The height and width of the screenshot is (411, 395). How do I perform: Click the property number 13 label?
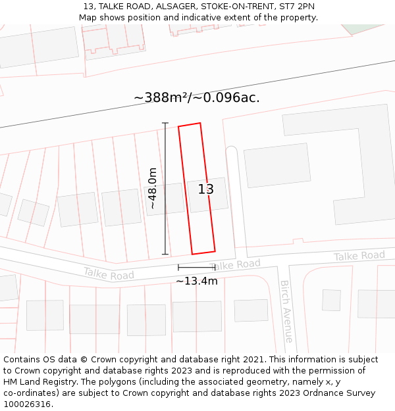pyautogui.click(x=206, y=189)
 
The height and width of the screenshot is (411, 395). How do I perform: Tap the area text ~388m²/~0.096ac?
pyautogui.click(x=197, y=98)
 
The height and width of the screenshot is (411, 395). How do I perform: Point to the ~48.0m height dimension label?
pyautogui.click(x=153, y=188)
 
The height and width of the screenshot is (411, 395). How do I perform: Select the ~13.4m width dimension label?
pyautogui.click(x=196, y=281)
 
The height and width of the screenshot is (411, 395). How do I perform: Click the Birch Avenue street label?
pyautogui.click(x=286, y=311)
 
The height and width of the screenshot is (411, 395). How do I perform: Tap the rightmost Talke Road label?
pyautogui.click(x=359, y=256)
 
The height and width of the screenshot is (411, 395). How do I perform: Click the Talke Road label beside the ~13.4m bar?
pyautogui.click(x=238, y=264)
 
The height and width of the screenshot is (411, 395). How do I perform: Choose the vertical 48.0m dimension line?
pyautogui.click(x=165, y=188)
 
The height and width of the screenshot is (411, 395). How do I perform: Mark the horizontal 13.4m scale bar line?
pyautogui.click(x=196, y=268)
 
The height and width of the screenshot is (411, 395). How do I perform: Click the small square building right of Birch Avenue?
pyautogui.click(x=331, y=300)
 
